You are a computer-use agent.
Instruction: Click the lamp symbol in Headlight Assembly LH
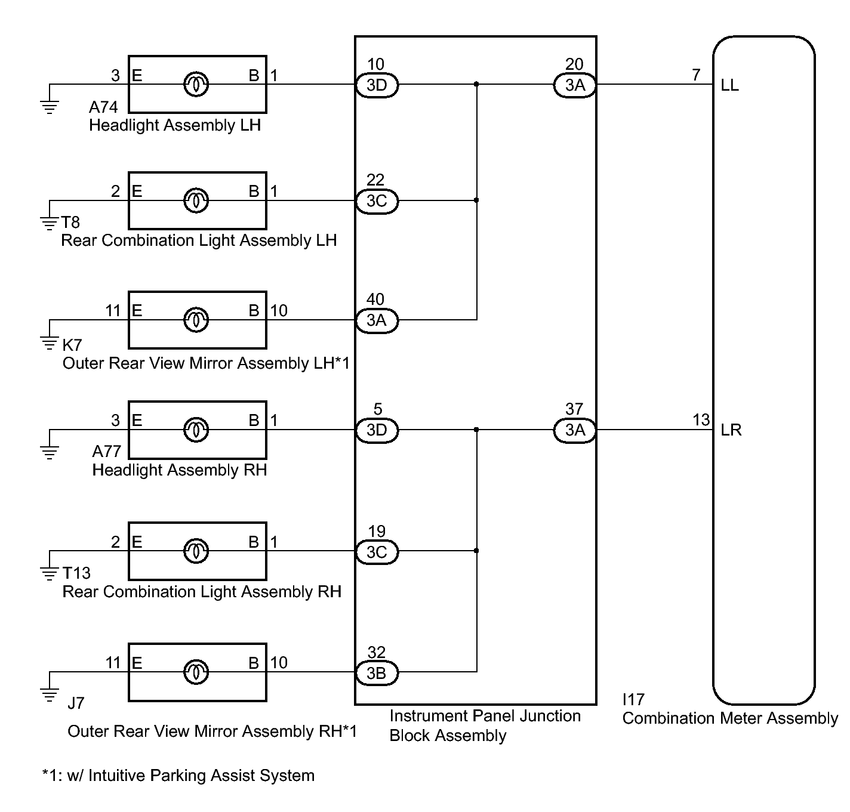click(x=196, y=84)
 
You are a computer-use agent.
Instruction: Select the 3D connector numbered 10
click(x=377, y=85)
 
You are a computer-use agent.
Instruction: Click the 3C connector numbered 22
click(x=377, y=201)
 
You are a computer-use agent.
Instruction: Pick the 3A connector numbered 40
click(x=377, y=320)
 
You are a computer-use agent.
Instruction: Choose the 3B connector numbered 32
click(x=377, y=673)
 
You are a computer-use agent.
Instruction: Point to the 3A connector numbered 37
click(x=575, y=430)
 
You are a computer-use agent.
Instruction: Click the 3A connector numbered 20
click(x=575, y=85)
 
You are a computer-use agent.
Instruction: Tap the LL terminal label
click(x=730, y=85)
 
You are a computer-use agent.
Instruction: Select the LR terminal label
click(x=731, y=430)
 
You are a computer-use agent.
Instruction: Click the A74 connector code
click(x=103, y=107)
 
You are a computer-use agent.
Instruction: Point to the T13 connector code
click(x=76, y=573)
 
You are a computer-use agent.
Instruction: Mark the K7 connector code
click(x=72, y=345)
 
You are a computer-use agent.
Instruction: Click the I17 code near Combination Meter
click(x=633, y=699)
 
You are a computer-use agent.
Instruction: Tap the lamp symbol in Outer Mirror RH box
click(x=196, y=672)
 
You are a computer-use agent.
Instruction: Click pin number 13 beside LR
click(x=701, y=420)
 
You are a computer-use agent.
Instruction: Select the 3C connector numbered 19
click(x=377, y=552)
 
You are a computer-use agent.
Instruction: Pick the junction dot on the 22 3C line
click(x=476, y=200)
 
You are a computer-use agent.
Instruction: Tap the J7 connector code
click(x=76, y=703)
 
